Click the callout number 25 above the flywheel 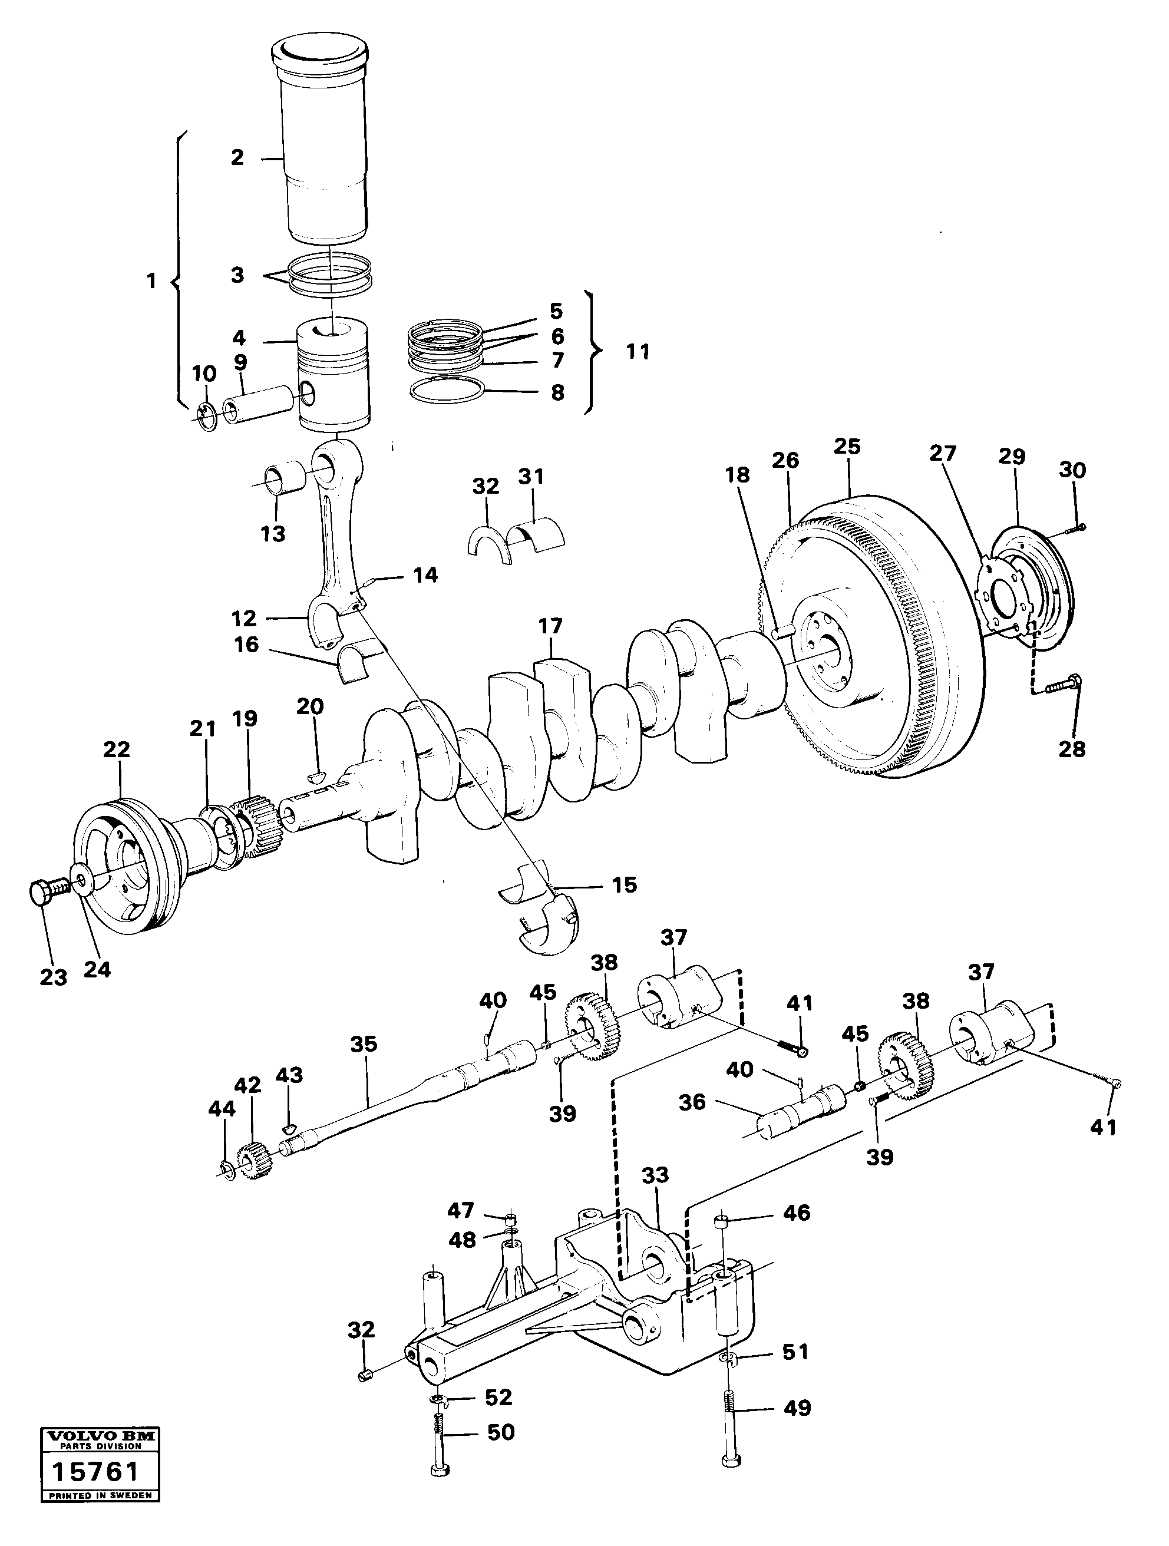click(x=847, y=446)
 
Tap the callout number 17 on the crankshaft click(x=550, y=626)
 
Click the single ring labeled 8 click(x=446, y=391)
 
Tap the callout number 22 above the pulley click(x=117, y=750)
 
